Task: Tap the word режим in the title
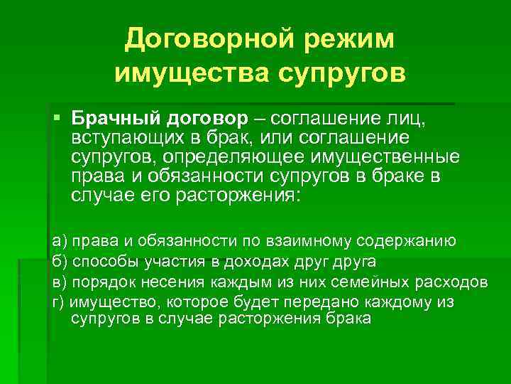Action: [348, 41]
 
